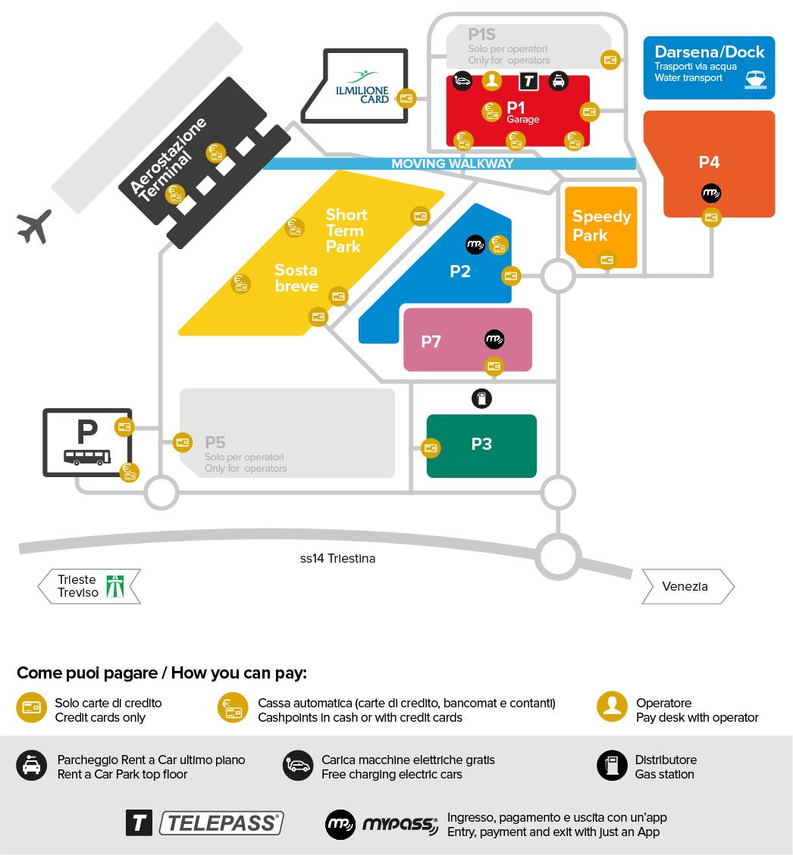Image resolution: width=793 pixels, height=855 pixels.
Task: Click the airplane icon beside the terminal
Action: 34,226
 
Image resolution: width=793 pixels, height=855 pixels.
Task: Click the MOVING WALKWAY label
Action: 452,164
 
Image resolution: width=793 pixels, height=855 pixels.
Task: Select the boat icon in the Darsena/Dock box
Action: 755,80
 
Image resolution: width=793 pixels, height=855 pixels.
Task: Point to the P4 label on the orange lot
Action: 709,162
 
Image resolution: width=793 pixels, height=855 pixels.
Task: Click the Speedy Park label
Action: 601,226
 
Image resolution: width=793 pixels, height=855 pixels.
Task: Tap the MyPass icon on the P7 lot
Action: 494,339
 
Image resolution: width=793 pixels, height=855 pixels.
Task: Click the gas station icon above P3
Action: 481,398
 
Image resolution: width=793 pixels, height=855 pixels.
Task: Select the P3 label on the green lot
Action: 481,444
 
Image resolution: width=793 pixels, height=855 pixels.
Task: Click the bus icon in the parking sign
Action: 87,457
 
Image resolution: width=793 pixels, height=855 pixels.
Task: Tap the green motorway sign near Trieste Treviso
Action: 114,586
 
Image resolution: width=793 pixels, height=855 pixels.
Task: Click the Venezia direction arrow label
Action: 685,586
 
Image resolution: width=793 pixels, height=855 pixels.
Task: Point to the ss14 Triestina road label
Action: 337,559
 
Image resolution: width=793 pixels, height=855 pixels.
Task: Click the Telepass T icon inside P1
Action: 528,81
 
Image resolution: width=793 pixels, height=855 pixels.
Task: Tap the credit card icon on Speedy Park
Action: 607,260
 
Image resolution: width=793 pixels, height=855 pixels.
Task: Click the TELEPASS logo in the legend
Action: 221,823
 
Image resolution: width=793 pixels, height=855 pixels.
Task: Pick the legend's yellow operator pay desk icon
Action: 612,706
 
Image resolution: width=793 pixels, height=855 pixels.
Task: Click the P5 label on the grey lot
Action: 215,442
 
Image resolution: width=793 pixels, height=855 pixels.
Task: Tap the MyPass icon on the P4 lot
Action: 710,193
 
